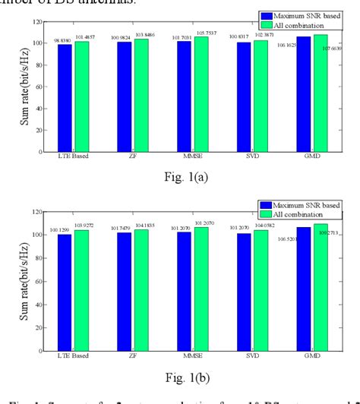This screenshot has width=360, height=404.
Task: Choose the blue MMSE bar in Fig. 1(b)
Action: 184,288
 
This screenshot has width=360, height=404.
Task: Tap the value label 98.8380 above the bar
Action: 62,39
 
